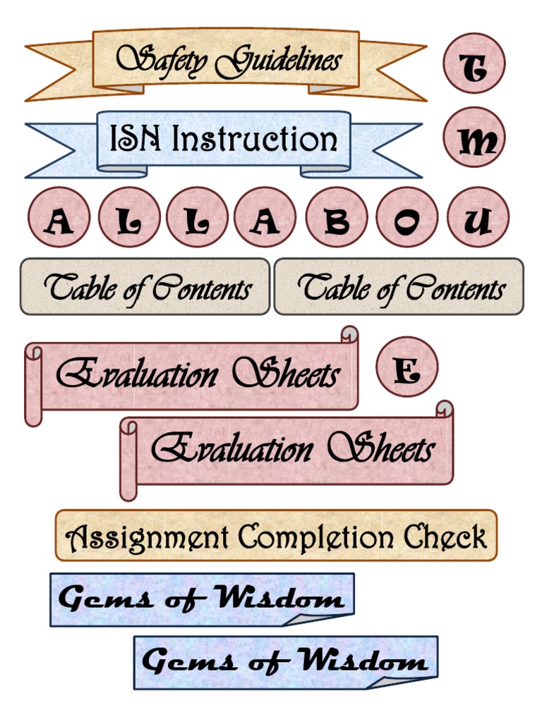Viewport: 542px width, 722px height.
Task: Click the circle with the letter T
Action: pyautogui.click(x=474, y=63)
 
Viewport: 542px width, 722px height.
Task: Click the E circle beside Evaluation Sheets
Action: pyautogui.click(x=406, y=367)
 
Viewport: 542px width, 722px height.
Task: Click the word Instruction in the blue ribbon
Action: pyautogui.click(x=255, y=139)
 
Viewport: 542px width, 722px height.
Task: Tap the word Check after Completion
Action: pyautogui.click(x=445, y=537)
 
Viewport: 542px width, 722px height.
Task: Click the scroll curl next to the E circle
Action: pyautogui.click(x=349, y=334)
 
